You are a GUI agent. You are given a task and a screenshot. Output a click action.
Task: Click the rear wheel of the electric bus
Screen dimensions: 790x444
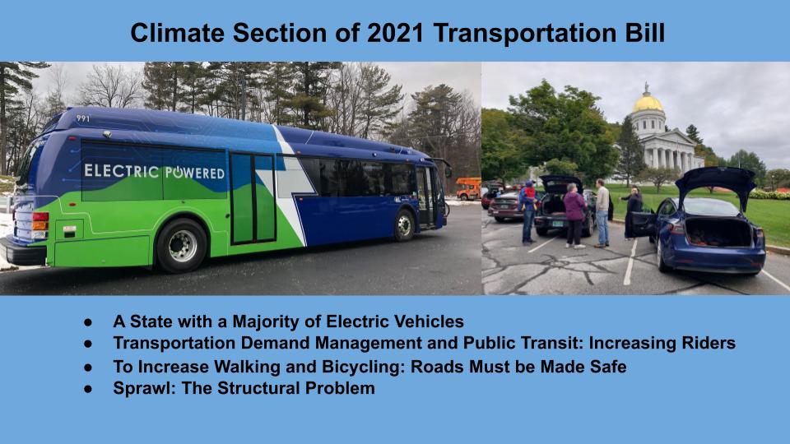(x=181, y=246)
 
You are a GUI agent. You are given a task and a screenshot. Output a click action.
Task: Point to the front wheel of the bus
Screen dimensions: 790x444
(x=404, y=225)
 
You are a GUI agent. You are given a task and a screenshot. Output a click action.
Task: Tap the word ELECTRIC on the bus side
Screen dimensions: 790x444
(x=122, y=171)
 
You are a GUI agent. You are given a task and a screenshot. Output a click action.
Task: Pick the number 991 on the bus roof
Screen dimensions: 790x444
(x=83, y=118)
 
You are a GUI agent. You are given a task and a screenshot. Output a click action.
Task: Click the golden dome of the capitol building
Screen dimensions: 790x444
(x=648, y=103)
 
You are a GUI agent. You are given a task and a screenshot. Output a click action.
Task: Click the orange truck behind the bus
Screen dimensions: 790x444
(x=468, y=188)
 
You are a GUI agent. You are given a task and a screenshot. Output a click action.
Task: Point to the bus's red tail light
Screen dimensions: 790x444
(x=40, y=217)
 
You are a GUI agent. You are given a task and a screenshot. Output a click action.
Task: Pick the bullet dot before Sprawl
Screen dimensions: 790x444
(x=88, y=389)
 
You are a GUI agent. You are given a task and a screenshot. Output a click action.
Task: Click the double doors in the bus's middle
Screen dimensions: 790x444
(x=253, y=198)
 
